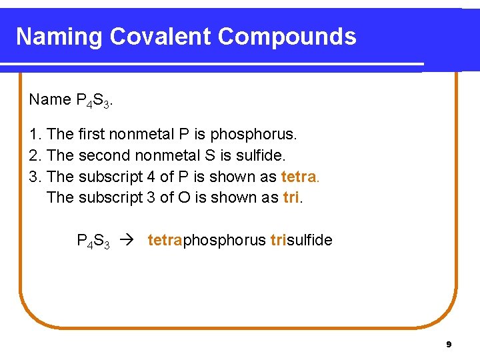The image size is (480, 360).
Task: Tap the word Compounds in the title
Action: (x=287, y=37)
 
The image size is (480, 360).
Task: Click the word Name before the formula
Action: (x=50, y=100)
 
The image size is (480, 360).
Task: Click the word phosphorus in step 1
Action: (x=253, y=135)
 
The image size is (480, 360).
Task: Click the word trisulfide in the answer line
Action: (x=301, y=241)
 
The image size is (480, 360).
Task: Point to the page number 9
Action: (x=449, y=345)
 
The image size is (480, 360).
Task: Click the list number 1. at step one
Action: (x=35, y=135)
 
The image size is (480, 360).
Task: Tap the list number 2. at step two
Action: (x=35, y=156)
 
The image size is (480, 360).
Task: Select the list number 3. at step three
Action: (x=35, y=177)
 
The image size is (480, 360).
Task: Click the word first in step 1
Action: (x=91, y=135)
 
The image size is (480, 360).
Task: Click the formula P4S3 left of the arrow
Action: (x=93, y=241)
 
